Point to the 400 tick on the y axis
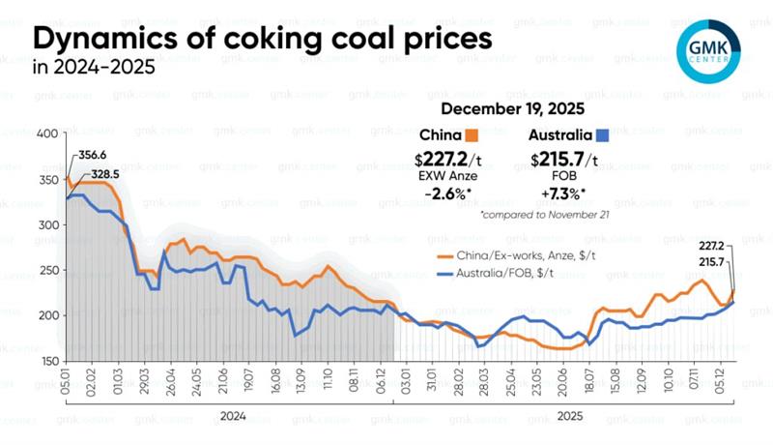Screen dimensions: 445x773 click(x=47, y=133)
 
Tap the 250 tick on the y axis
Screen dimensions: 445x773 click(x=47, y=270)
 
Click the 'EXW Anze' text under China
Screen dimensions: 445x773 click(x=449, y=177)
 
